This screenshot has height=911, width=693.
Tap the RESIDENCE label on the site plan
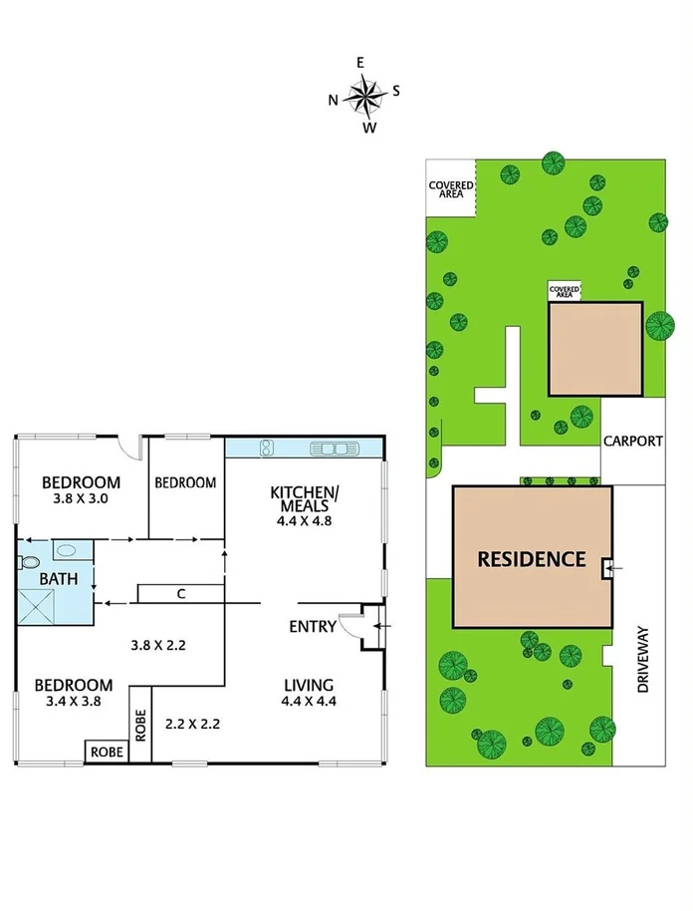(x=532, y=559)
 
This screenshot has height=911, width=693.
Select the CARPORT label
(x=632, y=442)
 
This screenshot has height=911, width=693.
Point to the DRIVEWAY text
(x=642, y=659)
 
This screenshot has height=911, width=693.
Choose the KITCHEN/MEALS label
(x=306, y=501)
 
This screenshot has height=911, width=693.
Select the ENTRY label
(x=312, y=626)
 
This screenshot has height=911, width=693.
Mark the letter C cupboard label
(x=180, y=594)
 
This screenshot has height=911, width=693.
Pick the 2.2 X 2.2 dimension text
(x=192, y=722)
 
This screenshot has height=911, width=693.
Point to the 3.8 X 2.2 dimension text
(x=158, y=645)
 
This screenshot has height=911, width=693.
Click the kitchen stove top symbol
(x=266, y=448)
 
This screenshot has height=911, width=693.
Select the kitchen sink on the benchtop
(x=335, y=449)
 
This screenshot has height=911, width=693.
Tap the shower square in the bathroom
(x=39, y=604)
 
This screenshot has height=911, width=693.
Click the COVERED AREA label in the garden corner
(x=450, y=189)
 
